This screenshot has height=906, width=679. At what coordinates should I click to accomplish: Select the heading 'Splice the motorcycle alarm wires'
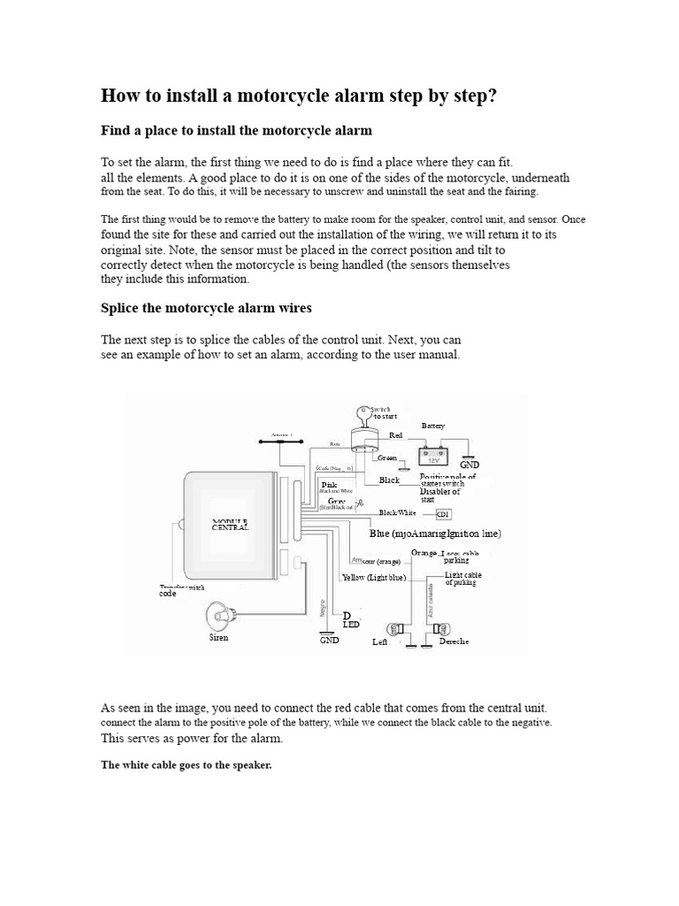[x=206, y=308]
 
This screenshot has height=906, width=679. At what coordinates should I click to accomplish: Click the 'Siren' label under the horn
[x=218, y=638]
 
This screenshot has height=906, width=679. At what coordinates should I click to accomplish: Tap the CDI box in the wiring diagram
[x=444, y=514]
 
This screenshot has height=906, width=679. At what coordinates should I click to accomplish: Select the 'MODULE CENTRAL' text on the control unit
[x=231, y=524]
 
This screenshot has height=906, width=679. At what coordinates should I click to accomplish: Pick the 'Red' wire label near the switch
[x=396, y=436]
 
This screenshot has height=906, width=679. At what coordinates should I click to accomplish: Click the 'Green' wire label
[x=387, y=457]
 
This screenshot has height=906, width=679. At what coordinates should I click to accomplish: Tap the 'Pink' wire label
[x=329, y=485]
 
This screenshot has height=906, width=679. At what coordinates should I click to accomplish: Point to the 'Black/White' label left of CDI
[x=397, y=513]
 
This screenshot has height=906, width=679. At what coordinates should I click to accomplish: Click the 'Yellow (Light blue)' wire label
[x=374, y=578]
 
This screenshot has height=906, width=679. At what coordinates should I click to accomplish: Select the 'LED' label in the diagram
[x=350, y=625]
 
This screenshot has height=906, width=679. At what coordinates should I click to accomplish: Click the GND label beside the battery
[x=469, y=465]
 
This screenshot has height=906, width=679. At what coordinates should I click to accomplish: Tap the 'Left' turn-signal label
[x=380, y=642]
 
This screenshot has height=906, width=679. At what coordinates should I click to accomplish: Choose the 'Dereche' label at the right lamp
[x=454, y=641]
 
